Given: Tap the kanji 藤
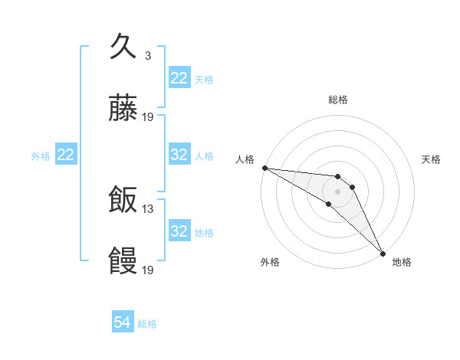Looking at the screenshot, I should click(x=123, y=110).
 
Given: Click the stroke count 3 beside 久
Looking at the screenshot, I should click(x=147, y=55).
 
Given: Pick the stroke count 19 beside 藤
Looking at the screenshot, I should click(x=148, y=117).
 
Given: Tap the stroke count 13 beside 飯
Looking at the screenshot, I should click(x=148, y=208).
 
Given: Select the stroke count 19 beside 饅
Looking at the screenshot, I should click(x=148, y=270).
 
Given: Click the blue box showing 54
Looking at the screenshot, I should click(x=123, y=322).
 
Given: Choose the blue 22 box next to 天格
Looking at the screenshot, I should click(x=179, y=78).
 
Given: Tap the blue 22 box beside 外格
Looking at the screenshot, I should click(x=66, y=155).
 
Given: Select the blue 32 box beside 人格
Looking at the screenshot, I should click(x=179, y=155).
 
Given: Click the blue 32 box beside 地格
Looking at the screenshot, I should click(x=179, y=231).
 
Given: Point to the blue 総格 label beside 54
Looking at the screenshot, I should click(x=147, y=324).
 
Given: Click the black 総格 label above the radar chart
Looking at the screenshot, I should click(x=338, y=100).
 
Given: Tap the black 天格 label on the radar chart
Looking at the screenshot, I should click(x=431, y=159).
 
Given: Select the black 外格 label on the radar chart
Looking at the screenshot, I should click(x=270, y=262).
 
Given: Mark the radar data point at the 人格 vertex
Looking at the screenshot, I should click(x=264, y=168).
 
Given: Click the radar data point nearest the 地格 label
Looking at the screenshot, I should click(x=383, y=252).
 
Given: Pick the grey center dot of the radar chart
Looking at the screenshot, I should click(x=338, y=191).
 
